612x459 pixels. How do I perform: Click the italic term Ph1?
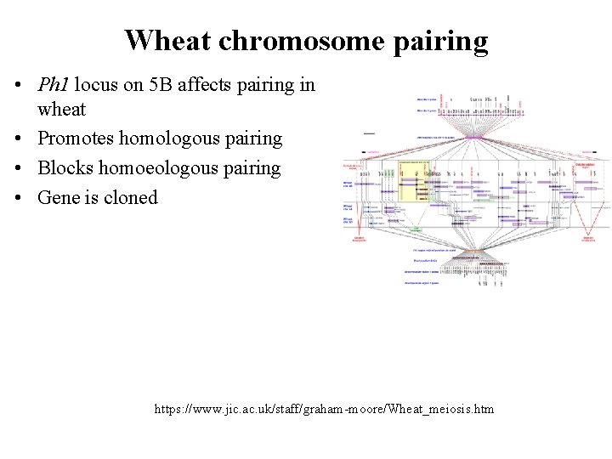(54, 85)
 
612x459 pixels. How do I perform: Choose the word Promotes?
(75, 138)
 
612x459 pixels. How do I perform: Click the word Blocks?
(65, 167)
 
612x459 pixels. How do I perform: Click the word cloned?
(130, 197)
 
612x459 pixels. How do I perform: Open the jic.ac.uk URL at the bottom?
(324, 409)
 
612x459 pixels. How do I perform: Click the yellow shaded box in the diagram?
(406, 181)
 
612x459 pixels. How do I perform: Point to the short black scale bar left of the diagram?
(369, 133)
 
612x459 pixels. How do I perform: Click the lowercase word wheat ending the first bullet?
(61, 109)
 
